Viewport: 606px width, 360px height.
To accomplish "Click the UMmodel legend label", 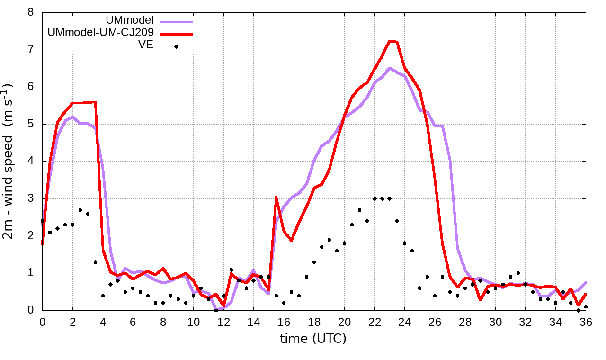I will pyautogui.click(x=130, y=21).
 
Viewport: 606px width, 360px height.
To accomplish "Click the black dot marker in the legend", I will pyautogui.click(x=176, y=46).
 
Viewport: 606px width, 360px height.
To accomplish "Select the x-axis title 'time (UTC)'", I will pyautogui.click(x=313, y=338).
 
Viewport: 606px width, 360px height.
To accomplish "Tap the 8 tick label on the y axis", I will pyautogui.click(x=31, y=12).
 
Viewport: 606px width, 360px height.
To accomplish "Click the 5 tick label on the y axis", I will pyautogui.click(x=31, y=124).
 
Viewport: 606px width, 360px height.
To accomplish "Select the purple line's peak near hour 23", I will pyautogui.click(x=390, y=68).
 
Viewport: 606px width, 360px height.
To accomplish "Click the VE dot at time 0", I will pyautogui.click(x=42, y=221).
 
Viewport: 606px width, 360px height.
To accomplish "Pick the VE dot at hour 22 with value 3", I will pyautogui.click(x=374, y=198).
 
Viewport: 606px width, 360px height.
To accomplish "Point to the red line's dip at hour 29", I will pyautogui.click(x=480, y=299).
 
